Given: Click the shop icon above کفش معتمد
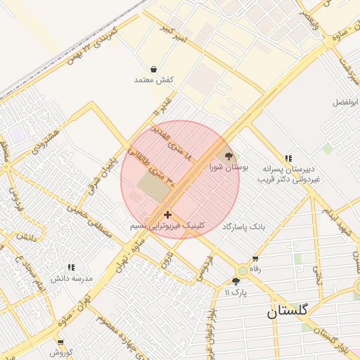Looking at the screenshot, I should point(153,69).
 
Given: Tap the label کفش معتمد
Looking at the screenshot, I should point(153,80).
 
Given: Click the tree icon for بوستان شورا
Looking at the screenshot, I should point(228,155).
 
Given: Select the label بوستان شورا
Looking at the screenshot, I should point(229,167).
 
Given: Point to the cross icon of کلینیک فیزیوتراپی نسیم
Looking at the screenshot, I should point(167,214).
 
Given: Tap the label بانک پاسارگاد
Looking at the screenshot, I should point(245,227).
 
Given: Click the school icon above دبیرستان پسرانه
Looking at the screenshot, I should point(288,159).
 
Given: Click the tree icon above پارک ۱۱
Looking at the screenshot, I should point(236,281).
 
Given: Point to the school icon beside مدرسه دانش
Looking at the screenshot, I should point(70,267).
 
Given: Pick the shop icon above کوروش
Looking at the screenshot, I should point(60,342).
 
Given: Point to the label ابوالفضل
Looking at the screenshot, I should point(345,102).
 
